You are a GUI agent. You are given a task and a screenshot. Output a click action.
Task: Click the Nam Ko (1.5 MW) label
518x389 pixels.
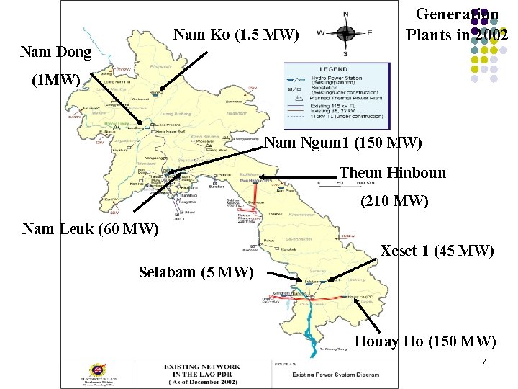coord(236,33)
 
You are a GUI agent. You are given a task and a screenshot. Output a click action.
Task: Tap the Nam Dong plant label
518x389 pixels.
coord(56,52)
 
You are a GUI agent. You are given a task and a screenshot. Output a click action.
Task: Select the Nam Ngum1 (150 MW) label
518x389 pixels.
coord(342,143)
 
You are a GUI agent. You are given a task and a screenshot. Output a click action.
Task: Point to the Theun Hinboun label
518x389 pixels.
coord(392,173)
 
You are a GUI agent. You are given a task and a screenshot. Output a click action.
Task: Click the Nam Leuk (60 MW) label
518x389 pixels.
coord(90,229)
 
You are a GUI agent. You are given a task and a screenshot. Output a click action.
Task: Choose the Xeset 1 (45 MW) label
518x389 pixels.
coord(437,251)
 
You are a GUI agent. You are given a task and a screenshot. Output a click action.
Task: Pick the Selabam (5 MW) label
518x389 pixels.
coord(196,272)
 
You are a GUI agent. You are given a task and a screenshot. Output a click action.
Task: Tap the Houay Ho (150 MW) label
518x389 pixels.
coord(426,341)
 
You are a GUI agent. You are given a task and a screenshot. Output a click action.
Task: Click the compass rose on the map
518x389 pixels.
coord(345,32)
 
